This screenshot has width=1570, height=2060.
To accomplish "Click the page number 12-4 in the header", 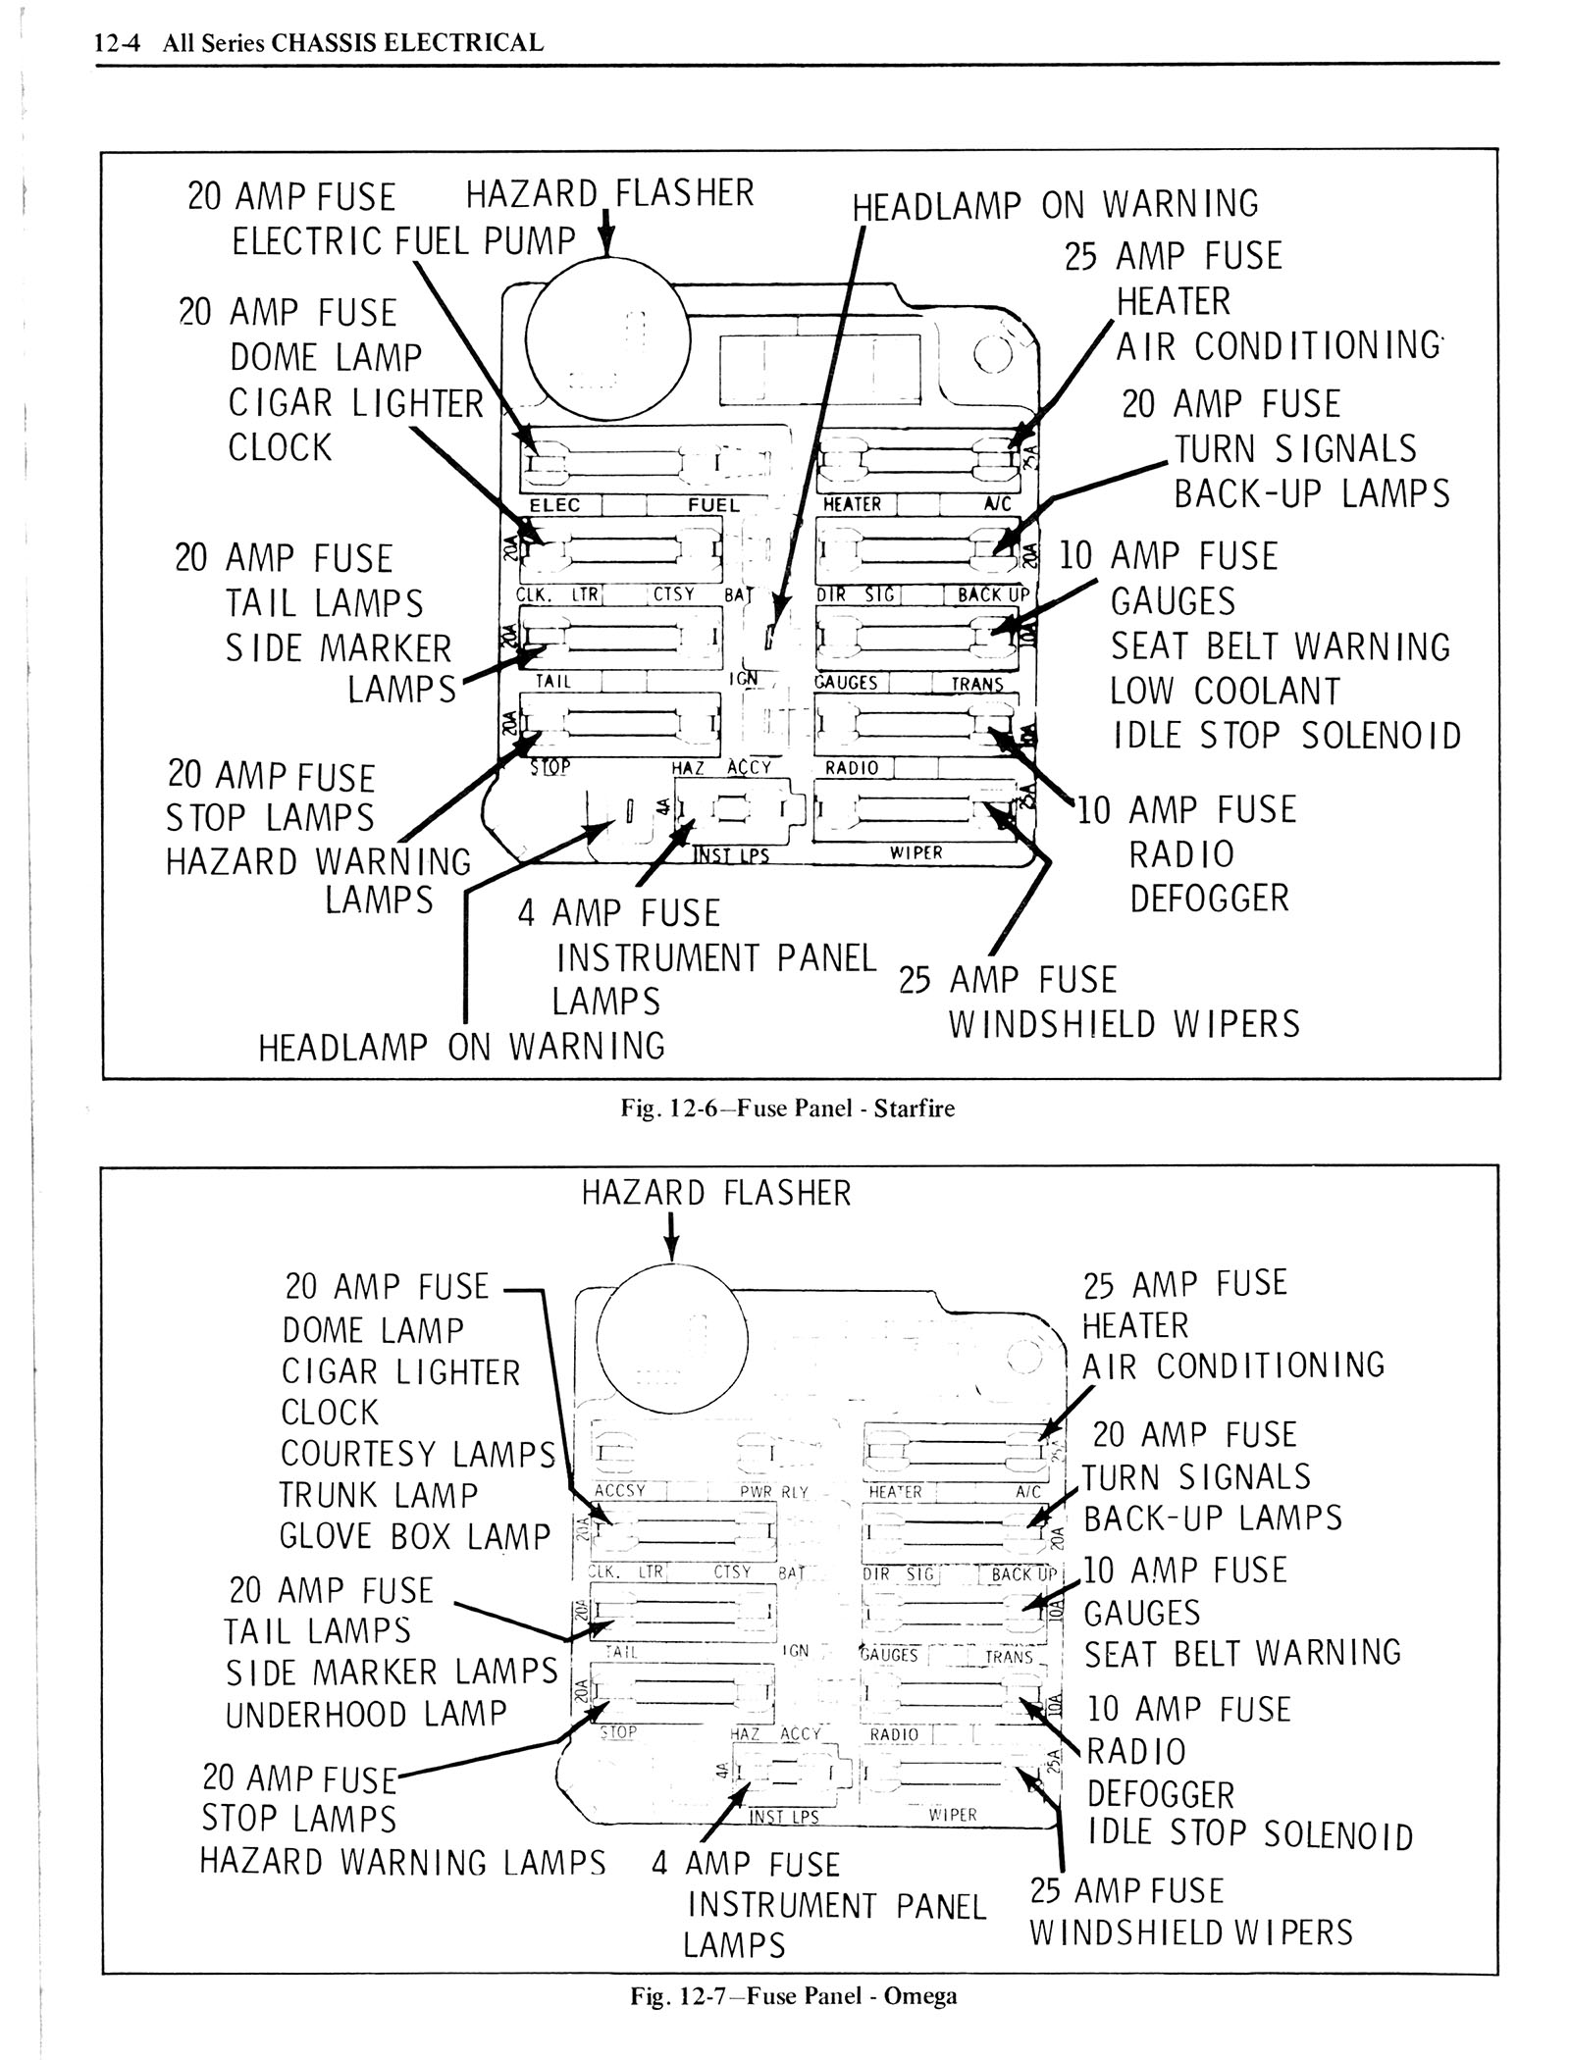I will (x=117, y=43).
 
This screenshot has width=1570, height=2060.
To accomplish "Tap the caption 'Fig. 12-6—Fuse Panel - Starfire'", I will (x=787, y=1108).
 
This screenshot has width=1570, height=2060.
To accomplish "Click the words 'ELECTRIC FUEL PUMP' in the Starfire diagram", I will (x=403, y=241).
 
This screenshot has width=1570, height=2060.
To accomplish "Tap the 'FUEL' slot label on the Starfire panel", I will (x=713, y=505).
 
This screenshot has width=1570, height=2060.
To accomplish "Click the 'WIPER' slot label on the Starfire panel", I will (x=916, y=852).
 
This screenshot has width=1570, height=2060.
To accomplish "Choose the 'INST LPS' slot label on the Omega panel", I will (x=783, y=1817).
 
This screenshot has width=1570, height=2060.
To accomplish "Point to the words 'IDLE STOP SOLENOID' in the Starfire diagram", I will (x=1286, y=736).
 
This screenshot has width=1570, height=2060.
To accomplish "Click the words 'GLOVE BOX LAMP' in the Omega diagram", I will (x=415, y=1536).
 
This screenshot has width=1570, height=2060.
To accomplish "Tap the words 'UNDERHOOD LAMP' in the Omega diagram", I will (x=366, y=1715).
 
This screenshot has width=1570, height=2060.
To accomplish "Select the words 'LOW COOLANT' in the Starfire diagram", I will (x=1225, y=692).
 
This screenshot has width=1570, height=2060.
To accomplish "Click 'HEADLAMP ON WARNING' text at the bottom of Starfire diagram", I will (x=461, y=1048).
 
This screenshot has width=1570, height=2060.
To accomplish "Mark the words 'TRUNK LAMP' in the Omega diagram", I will (x=378, y=1495).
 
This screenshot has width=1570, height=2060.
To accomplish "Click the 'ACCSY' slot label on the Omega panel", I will (x=620, y=1490).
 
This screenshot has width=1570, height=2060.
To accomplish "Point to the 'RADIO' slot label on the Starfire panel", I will (x=852, y=768).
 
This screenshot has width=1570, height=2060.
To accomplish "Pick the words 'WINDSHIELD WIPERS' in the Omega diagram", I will (x=1190, y=1932).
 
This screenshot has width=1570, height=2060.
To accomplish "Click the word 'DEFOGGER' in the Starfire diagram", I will (x=1209, y=899).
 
